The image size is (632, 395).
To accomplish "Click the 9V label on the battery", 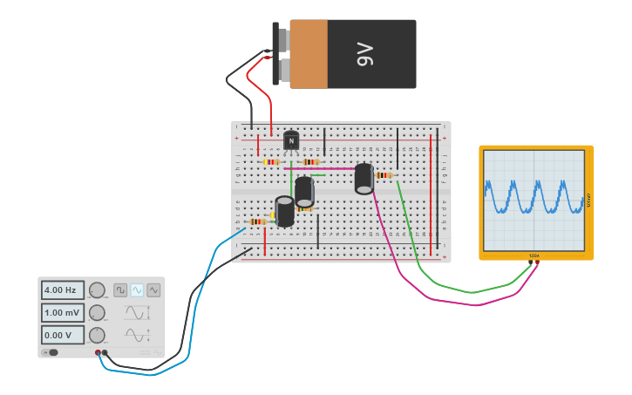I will (x=364, y=54).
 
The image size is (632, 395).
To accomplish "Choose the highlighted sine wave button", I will (x=137, y=290).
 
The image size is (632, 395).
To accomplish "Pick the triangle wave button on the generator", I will (x=153, y=290).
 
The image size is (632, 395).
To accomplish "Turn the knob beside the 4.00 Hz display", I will (x=97, y=290).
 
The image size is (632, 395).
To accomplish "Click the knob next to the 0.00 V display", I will (x=97, y=335).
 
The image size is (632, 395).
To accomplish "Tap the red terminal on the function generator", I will (x=98, y=352).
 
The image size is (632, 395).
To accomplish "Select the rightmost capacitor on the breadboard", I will (x=364, y=178).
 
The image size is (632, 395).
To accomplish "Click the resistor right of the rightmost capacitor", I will (x=384, y=175).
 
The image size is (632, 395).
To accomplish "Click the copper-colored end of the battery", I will (x=309, y=54).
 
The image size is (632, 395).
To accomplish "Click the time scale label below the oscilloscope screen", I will (x=533, y=255).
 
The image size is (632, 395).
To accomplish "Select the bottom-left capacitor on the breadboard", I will (x=284, y=212).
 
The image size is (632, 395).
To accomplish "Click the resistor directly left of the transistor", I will (x=271, y=161).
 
